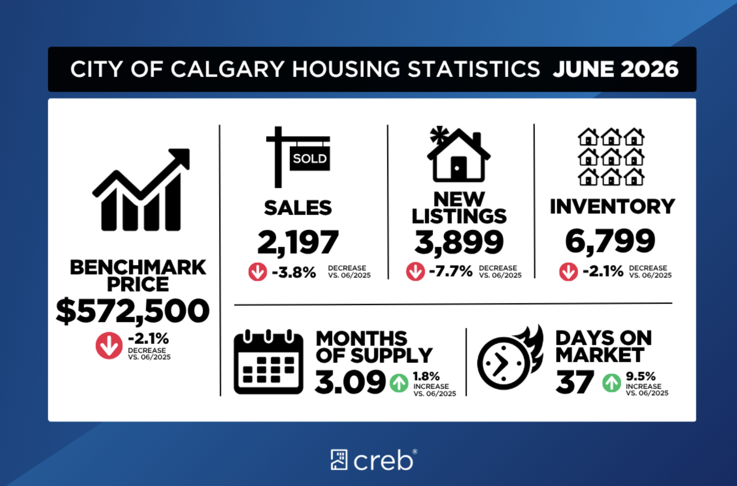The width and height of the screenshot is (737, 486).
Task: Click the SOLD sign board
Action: point(310,159)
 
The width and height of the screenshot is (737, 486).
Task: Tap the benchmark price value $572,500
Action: point(133,311)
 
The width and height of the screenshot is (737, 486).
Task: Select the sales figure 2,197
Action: point(298,242)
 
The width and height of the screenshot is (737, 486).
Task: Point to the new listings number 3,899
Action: point(459,242)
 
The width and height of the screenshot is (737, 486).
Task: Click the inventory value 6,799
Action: point(610,241)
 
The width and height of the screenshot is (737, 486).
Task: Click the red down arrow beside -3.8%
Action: point(257,271)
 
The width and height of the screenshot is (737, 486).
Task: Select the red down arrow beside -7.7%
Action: point(415,271)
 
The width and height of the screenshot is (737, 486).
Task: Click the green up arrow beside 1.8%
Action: point(399,383)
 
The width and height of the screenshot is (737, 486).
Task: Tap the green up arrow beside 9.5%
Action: point(612,383)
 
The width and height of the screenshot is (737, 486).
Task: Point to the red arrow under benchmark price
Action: point(109,345)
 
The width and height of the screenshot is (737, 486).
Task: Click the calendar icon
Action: point(269,362)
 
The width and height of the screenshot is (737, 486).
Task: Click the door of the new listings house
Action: point(458,167)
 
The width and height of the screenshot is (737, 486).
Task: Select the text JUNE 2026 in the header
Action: point(615,69)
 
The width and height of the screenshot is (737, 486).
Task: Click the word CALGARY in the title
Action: point(227,69)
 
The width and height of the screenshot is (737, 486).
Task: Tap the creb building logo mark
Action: point(339,460)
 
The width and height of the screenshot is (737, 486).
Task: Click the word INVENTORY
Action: point(613,207)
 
